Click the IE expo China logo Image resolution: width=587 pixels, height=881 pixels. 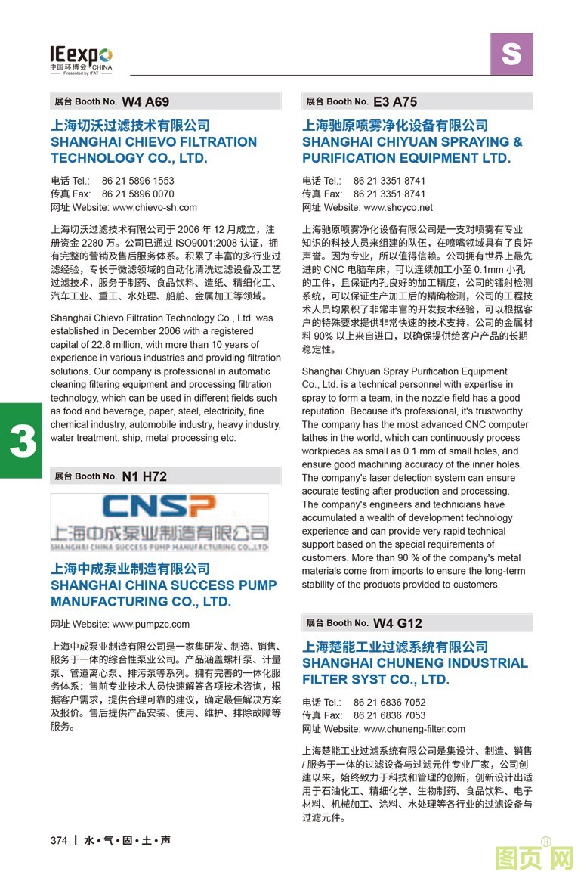[x=81, y=57]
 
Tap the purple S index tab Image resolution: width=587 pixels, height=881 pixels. [x=511, y=54]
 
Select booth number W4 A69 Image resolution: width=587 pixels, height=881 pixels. [x=146, y=101]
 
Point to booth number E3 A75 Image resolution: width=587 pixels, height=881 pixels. [x=395, y=101]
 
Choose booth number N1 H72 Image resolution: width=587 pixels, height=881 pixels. [x=144, y=476]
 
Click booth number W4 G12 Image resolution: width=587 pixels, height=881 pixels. [x=397, y=623]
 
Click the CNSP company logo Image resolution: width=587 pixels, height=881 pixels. [x=159, y=522]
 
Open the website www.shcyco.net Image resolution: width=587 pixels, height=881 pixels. [x=398, y=207]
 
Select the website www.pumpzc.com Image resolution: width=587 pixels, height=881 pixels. [x=150, y=625]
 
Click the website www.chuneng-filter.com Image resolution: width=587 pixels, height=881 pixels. [x=414, y=729]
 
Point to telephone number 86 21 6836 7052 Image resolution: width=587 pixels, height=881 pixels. [x=389, y=702]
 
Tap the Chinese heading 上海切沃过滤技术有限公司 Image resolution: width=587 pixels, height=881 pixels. [x=130, y=125]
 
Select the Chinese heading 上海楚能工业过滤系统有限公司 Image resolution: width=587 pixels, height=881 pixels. [x=395, y=647]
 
